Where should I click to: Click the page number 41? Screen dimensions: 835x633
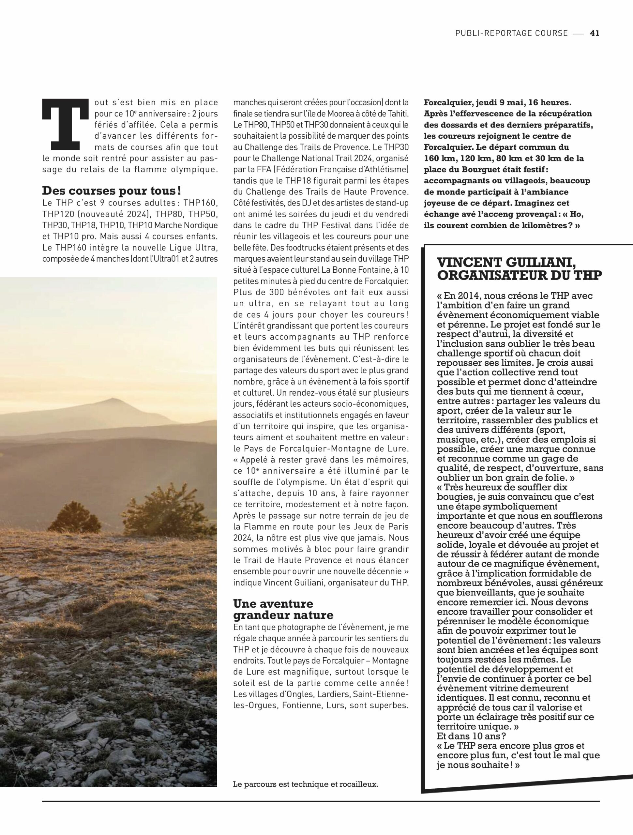(x=595, y=33)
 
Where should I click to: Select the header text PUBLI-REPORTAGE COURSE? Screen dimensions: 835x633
(x=511, y=33)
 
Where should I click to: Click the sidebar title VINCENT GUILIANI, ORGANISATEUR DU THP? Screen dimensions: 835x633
(x=519, y=268)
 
